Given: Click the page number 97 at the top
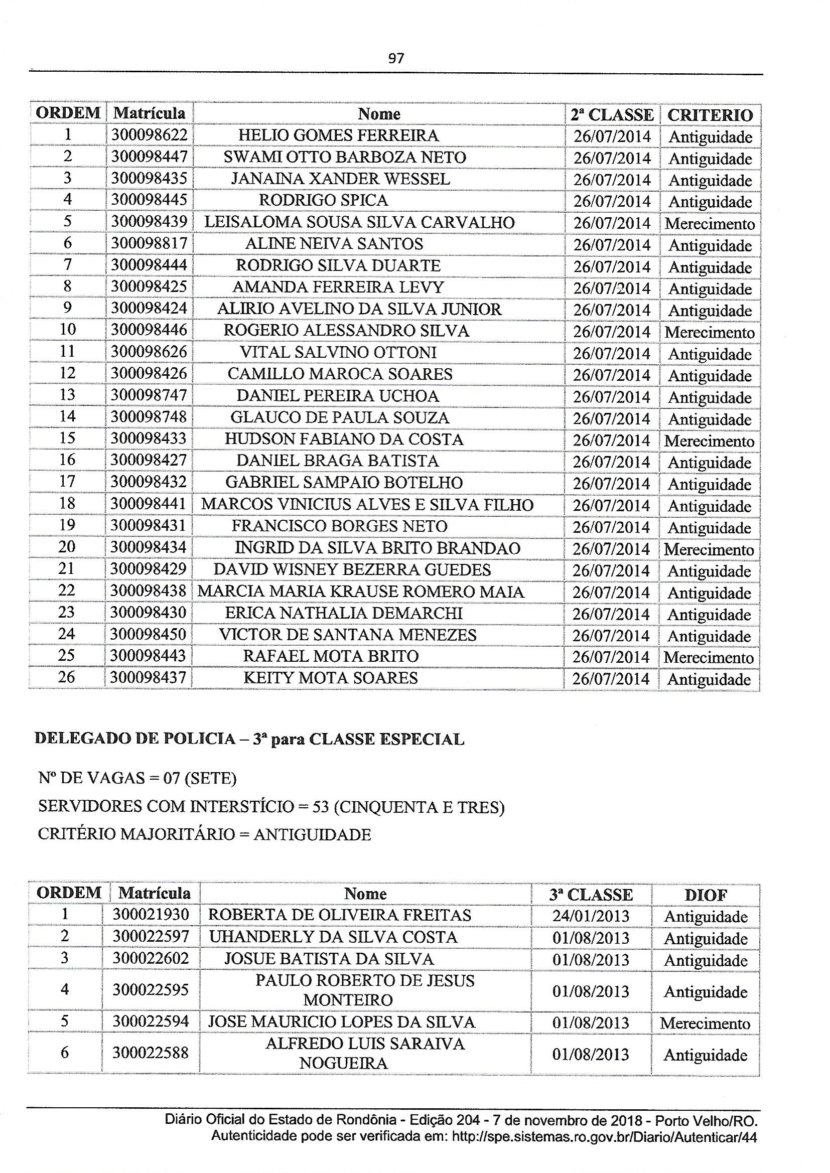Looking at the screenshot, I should tap(396, 58).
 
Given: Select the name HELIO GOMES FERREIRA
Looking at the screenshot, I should tap(338, 135).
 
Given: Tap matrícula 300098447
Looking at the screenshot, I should tap(149, 157).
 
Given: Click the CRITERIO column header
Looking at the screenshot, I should tap(710, 115).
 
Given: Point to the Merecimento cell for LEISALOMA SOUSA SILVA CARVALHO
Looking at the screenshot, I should tap(710, 224).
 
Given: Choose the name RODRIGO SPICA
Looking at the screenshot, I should tap(324, 200).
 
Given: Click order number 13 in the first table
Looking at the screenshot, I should tap(67, 395).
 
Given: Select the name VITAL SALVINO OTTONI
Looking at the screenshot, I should tap(338, 353).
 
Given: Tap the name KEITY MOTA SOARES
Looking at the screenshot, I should tap(331, 678).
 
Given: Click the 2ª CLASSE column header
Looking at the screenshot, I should tap(612, 115).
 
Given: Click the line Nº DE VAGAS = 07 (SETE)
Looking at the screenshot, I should tap(137, 778).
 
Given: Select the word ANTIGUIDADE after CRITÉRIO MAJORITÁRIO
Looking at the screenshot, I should tap(312, 834).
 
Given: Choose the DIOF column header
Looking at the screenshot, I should tap(705, 895).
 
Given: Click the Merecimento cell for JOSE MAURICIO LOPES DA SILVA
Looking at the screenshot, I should tap(705, 1023).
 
